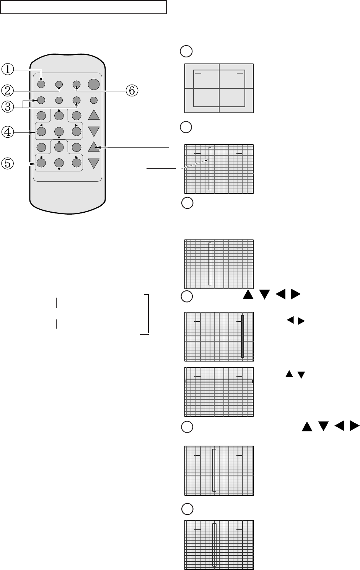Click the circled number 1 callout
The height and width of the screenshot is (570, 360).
(x=8, y=69)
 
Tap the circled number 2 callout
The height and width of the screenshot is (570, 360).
(x=8, y=90)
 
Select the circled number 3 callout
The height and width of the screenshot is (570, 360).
(x=8, y=107)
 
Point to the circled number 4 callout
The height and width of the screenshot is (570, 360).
(x=8, y=132)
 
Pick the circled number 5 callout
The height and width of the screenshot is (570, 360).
(x=8, y=163)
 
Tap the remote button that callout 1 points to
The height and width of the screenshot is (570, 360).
(x=41, y=84)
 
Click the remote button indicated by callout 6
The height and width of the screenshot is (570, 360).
(x=77, y=84)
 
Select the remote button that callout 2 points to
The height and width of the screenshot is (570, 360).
(x=59, y=84)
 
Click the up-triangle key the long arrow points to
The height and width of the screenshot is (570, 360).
(x=94, y=147)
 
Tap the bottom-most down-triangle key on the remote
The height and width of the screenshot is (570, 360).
(x=94, y=163)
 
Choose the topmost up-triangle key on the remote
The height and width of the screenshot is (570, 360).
(x=94, y=115)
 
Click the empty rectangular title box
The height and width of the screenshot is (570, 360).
(x=83, y=7)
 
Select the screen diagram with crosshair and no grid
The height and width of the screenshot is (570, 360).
(x=219, y=88)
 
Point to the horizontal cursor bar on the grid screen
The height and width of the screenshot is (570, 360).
(x=219, y=381)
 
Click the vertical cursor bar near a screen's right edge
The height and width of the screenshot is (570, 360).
(x=242, y=337)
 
